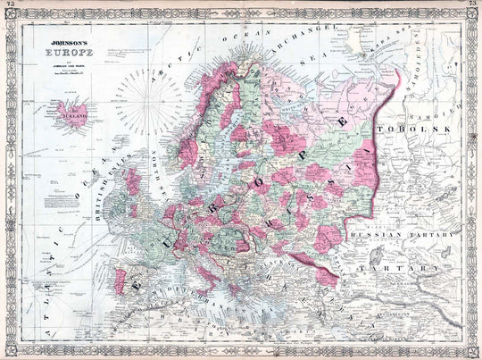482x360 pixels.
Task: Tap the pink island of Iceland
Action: click(74, 113)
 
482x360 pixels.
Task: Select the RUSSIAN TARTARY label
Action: click(397, 237)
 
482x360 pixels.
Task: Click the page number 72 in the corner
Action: click(9, 5)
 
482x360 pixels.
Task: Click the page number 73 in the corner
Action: click(472, 5)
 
